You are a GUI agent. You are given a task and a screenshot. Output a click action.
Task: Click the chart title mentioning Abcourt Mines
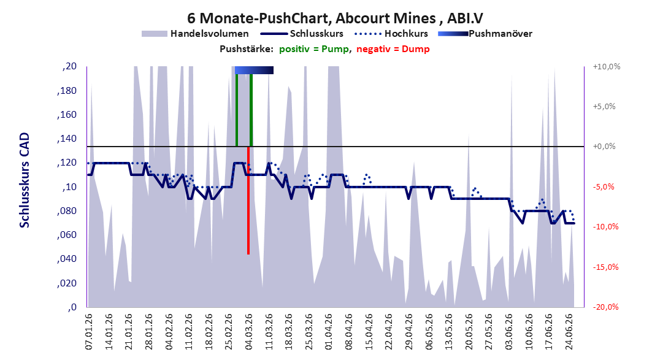pos(335,18)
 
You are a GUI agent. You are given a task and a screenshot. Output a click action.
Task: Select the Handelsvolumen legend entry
pos(195,33)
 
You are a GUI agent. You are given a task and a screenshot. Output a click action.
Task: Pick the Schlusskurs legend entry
pos(302,33)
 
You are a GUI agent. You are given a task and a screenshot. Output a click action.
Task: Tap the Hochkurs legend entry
pos(391,33)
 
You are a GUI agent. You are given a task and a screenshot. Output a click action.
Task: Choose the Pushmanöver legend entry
pos(485,33)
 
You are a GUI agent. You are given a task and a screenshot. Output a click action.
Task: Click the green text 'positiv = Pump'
pos(314,49)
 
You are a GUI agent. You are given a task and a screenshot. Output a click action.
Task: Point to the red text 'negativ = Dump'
pos(393,49)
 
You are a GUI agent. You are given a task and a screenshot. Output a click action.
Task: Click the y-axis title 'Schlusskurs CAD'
pos(25,180)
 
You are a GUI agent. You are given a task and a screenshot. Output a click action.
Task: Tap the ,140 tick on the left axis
pos(67,138)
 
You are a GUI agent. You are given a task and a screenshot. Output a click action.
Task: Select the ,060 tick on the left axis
pos(67,234)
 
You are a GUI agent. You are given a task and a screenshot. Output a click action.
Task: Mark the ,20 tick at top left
pos(69,66)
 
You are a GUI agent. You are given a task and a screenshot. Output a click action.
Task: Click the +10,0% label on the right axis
pos(607,66)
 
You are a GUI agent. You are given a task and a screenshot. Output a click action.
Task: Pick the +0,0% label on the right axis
pos(604,147)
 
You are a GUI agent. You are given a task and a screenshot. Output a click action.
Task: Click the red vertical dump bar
pos(248,201)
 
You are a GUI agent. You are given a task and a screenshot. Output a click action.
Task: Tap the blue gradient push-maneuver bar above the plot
pos(254,70)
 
